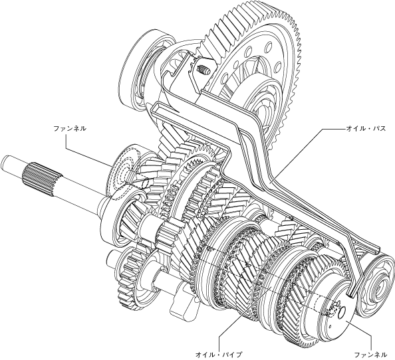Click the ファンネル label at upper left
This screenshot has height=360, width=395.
(70, 129)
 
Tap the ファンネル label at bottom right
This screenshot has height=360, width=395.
(370, 355)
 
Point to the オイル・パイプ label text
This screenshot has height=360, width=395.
(219, 355)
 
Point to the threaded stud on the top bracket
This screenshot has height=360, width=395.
(203, 70)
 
